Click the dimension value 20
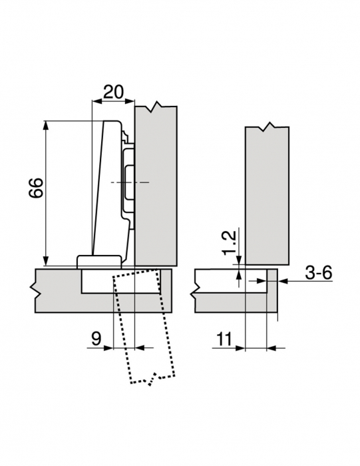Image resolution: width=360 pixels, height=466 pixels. pos(112,93)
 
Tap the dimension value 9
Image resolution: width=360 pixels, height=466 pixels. pos(96,338)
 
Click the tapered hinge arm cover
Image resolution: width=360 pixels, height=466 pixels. pos(104,186)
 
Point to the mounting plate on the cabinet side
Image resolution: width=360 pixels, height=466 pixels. pos(128,180)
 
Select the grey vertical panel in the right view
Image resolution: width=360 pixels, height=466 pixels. pos(266,193)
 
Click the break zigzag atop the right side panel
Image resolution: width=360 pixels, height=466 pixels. pos(267,126)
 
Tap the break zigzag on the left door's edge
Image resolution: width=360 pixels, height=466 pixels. pos(32,290)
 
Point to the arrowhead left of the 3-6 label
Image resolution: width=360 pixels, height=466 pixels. pos(282,281)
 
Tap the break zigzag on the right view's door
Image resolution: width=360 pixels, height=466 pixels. pos(194,290)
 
